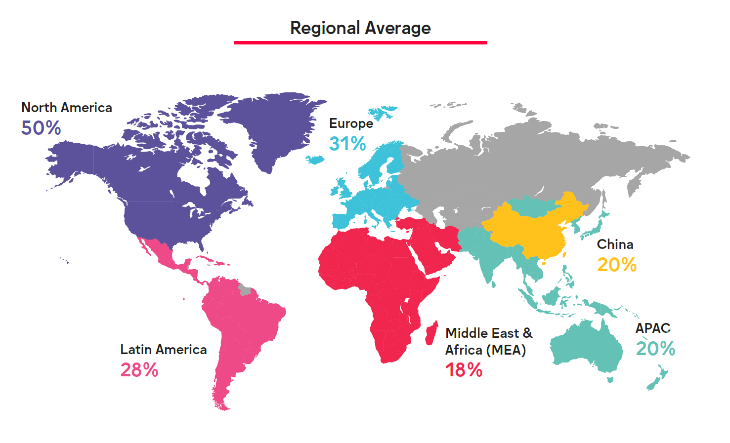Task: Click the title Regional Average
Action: tap(360, 28)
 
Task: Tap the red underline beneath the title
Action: tap(360, 43)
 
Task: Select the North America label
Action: tap(67, 108)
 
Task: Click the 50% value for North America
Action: tap(41, 128)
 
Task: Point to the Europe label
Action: tap(351, 123)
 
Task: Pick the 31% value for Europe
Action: tap(347, 144)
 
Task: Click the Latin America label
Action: tap(164, 350)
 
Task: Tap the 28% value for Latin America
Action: tap(139, 370)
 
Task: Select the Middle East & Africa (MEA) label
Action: tap(488, 341)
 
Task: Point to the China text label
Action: tap(615, 244)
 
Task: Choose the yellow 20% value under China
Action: tap(617, 265)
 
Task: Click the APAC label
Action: tap(653, 328)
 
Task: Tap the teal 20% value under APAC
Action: tap(655, 349)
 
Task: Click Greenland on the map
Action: tap(277, 123)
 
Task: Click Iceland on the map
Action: tap(315, 160)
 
